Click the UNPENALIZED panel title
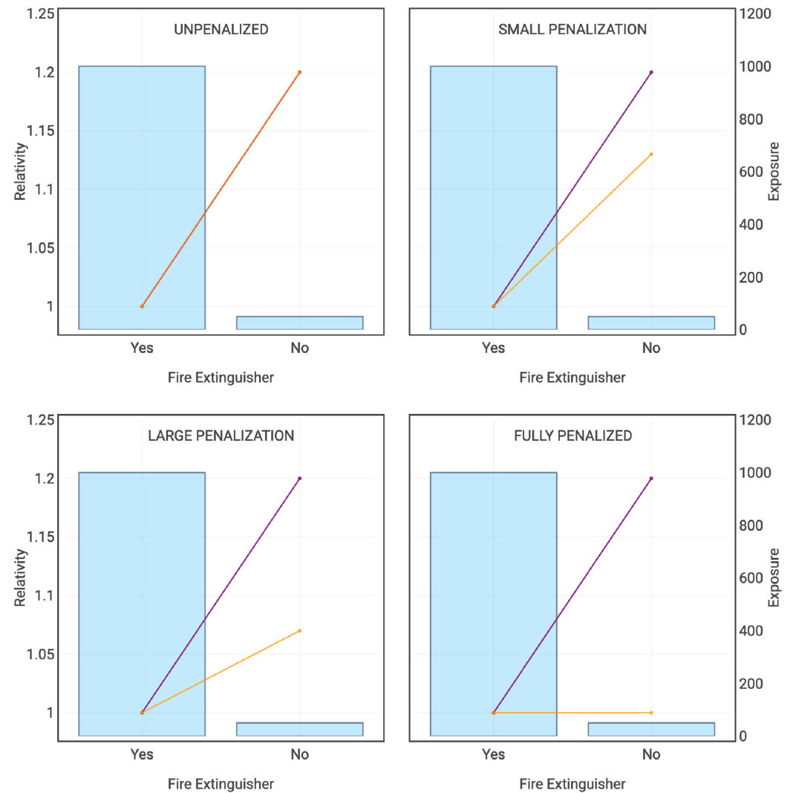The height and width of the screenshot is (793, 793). click(221, 30)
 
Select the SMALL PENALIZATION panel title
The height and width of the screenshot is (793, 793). click(572, 30)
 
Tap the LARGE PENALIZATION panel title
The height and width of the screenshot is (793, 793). click(221, 436)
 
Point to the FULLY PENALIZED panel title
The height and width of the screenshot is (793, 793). click(572, 436)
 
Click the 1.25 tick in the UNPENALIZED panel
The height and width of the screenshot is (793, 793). click(40, 14)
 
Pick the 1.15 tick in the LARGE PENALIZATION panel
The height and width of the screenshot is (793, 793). click(40, 537)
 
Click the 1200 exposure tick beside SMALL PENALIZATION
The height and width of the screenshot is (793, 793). click(754, 14)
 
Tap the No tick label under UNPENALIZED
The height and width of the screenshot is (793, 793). click(299, 348)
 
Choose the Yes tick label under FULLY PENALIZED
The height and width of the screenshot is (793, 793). click(493, 754)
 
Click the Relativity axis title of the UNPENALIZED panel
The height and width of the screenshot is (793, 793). click(21, 172)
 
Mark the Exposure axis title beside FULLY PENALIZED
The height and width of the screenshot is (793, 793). click(774, 577)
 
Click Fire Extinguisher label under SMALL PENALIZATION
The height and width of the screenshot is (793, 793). click(572, 378)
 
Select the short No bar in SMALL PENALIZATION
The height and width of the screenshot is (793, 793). click(651, 323)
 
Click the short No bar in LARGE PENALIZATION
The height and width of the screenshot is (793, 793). click(299, 729)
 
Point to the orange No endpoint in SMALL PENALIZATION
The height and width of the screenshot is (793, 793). click(651, 155)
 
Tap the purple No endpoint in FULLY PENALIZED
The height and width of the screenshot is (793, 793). click(651, 479)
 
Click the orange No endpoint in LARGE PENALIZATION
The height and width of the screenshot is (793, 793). click(299, 631)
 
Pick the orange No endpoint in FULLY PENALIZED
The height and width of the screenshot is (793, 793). click(651, 713)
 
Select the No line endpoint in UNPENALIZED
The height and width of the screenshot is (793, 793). click(299, 72)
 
